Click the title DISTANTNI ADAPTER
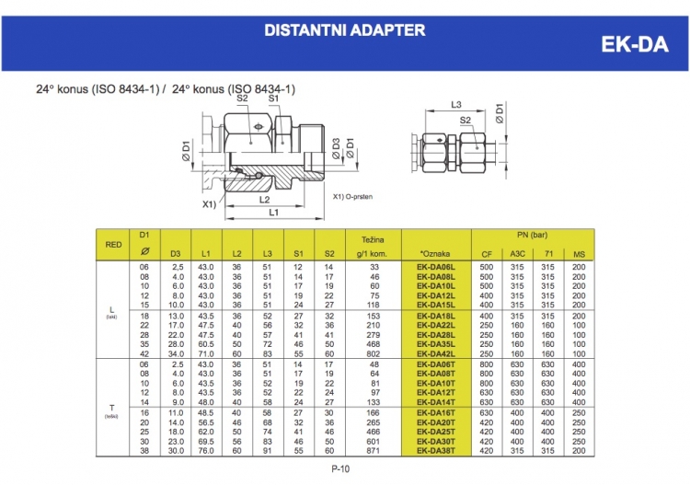pos(344,30)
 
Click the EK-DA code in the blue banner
pos(634,44)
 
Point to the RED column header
pos(114,245)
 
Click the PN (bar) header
pos(538,236)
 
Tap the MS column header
pos(578,254)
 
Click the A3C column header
pos(519,254)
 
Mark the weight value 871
pos(374,451)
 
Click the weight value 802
pos(374,353)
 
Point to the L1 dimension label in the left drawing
pos(274,213)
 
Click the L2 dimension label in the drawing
pos(264,199)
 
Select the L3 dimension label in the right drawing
pos(456,105)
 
